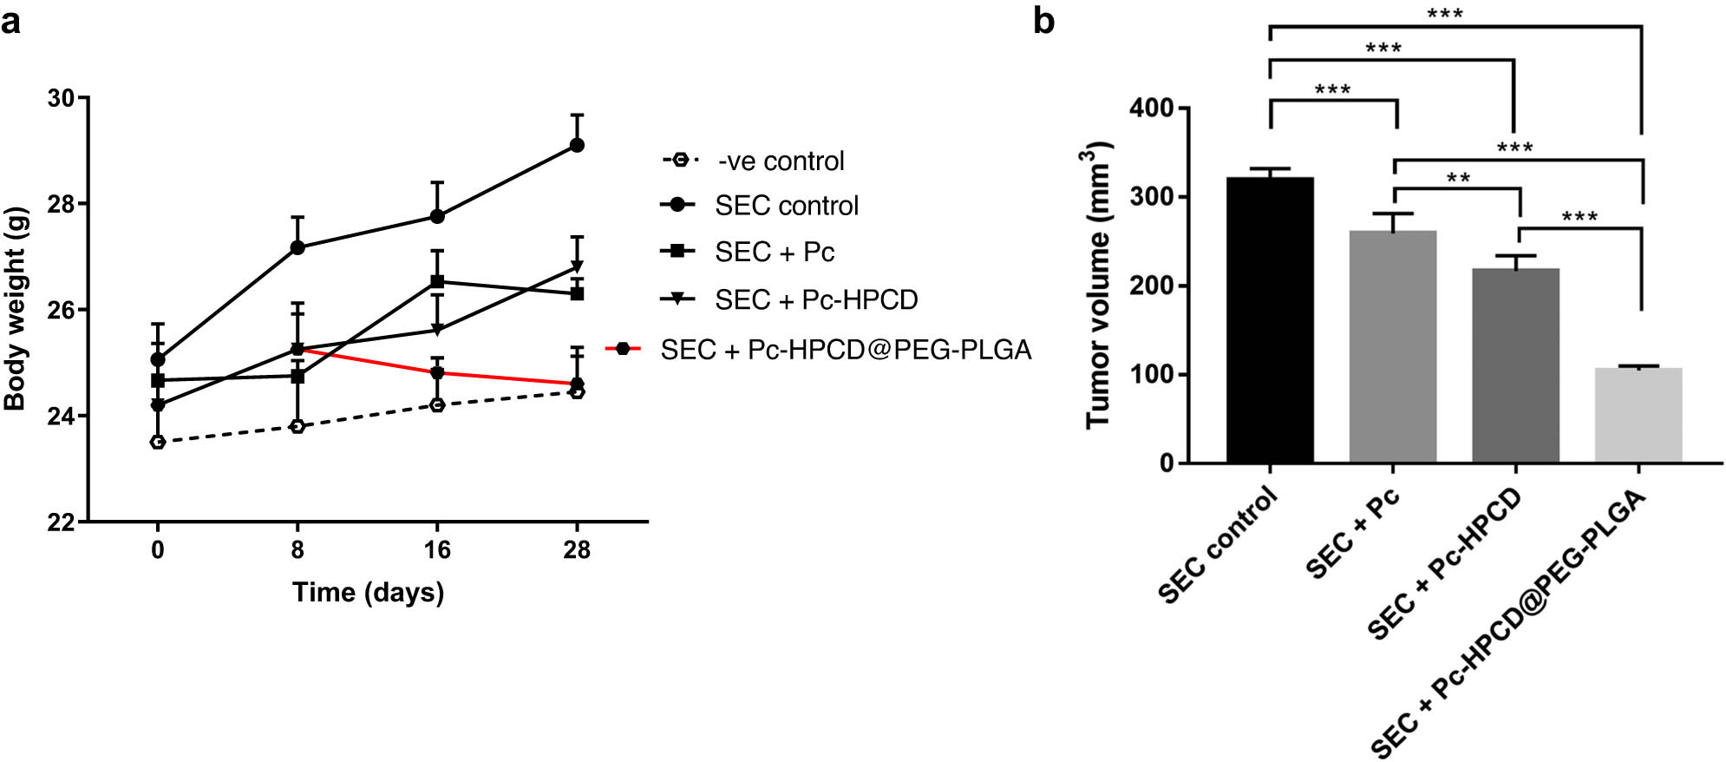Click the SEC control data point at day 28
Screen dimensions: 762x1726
577,145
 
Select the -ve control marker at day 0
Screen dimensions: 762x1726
158,443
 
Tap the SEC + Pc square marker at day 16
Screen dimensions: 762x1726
437,282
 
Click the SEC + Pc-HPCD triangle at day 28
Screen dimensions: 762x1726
577,266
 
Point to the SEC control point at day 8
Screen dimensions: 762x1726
297,247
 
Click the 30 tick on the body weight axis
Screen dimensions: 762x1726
61,98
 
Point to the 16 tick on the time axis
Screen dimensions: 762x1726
437,549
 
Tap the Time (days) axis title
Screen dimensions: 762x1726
368,593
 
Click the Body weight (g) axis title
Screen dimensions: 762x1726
16,309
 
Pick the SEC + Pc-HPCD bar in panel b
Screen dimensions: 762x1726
1515,365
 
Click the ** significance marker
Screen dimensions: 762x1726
1458,179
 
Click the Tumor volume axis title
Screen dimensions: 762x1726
1097,286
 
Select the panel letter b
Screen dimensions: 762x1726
1043,21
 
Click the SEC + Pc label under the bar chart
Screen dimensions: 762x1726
1352,535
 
